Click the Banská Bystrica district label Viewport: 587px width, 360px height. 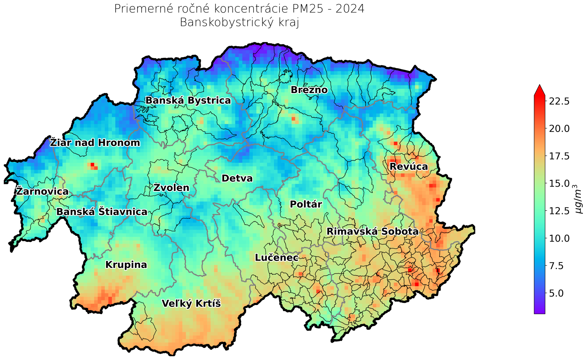(188, 100)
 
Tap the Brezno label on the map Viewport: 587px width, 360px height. (309, 90)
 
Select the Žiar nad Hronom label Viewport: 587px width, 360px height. (95, 143)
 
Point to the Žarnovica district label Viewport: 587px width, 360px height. (42, 191)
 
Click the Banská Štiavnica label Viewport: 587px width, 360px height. (102, 212)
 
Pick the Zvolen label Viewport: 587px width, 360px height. (171, 188)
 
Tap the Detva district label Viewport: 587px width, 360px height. (237, 179)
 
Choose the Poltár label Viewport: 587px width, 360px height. (306, 204)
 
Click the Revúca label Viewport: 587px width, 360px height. (409, 167)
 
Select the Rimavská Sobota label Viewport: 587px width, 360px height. (372, 232)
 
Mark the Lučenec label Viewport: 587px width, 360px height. (277, 258)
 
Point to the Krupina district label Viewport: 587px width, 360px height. (126, 265)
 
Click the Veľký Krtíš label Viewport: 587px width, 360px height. (191, 304)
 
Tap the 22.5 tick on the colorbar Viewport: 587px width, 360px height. (559, 101)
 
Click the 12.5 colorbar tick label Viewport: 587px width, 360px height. (559, 211)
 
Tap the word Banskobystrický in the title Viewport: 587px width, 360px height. (221, 23)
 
